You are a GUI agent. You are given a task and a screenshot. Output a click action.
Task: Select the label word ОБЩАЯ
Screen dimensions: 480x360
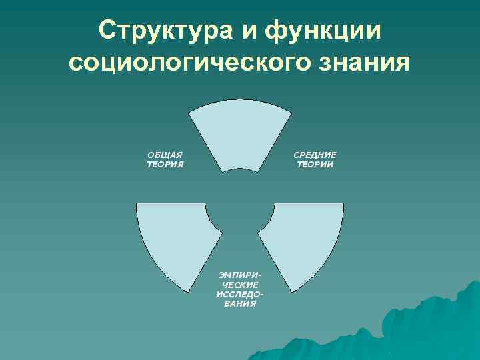(165, 155)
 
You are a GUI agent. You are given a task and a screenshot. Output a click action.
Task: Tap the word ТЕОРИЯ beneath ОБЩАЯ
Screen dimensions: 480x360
(165, 163)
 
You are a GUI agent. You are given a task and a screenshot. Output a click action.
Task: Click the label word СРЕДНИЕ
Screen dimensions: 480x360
(315, 155)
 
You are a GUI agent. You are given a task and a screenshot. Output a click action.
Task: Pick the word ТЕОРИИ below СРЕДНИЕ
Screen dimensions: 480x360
(315, 163)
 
